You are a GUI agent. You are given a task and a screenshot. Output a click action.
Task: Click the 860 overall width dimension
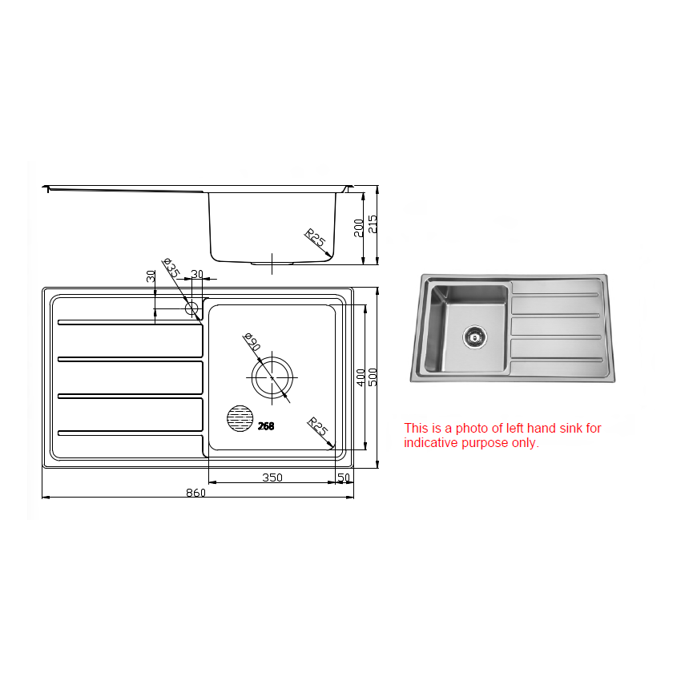(196, 493)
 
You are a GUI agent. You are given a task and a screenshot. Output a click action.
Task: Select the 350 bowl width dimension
(272, 478)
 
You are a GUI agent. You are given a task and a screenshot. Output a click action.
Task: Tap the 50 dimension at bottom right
(344, 478)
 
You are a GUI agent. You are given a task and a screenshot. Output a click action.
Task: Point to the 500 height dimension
(373, 377)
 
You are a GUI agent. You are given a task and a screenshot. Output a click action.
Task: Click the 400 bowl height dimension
(361, 377)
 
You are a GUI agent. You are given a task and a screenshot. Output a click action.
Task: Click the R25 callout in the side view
(315, 238)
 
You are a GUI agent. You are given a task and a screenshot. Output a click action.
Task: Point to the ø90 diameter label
(251, 342)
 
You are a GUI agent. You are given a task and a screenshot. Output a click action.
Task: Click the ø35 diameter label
(171, 268)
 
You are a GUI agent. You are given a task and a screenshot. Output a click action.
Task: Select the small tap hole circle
(191, 308)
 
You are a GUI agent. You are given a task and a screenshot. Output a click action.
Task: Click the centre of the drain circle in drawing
(272, 377)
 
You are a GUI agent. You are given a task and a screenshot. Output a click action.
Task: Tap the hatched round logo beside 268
(240, 418)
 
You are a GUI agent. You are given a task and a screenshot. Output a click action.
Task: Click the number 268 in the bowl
(266, 426)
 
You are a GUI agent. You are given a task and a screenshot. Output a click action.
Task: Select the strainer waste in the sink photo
(474, 336)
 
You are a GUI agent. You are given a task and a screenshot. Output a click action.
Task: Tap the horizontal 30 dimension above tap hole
(197, 274)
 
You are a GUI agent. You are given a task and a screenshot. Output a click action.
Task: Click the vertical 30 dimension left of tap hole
(151, 276)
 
